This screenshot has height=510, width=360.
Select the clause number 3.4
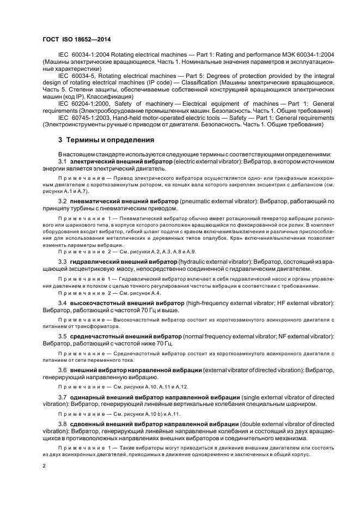[62, 302]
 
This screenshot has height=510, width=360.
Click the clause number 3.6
[62, 370]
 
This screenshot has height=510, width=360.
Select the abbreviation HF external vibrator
[301, 302]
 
